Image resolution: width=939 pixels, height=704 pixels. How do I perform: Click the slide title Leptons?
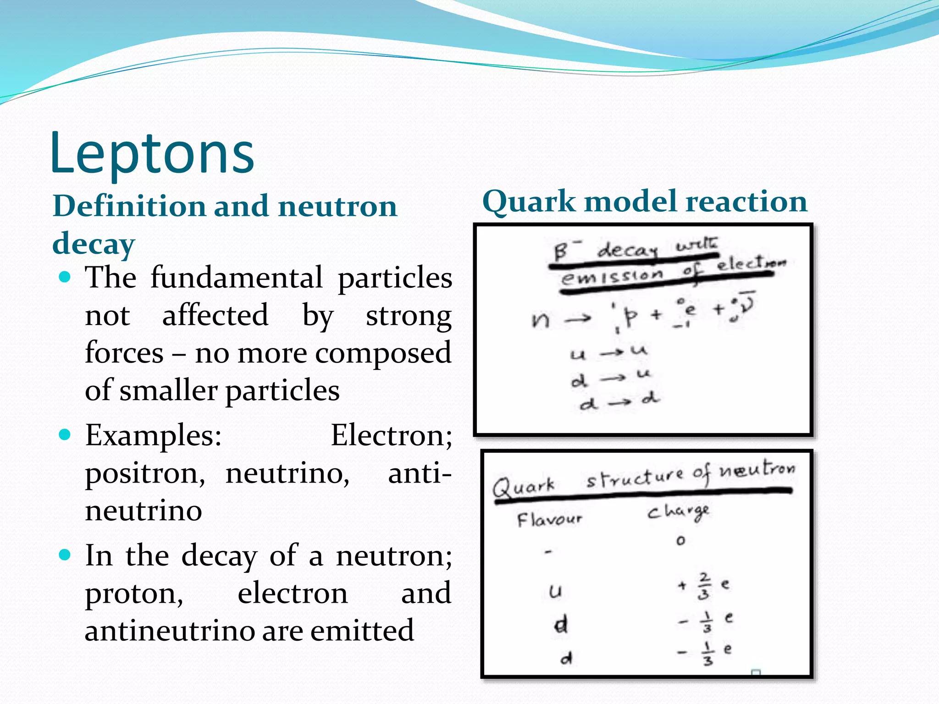point(152,153)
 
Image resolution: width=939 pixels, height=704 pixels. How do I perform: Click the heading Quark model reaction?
point(645,202)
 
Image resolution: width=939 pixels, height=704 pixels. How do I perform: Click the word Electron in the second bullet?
point(391,435)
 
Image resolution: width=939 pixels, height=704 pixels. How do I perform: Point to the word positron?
point(145,473)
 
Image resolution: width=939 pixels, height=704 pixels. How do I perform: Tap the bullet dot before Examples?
point(66,434)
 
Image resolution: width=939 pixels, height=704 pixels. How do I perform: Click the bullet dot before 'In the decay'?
point(66,555)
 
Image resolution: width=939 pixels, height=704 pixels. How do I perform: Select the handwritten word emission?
point(612,276)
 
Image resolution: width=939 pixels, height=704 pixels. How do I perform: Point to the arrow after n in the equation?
point(578,318)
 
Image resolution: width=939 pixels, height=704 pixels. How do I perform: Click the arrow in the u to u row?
point(612,353)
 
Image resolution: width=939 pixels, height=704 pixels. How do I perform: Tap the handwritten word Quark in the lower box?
point(524,487)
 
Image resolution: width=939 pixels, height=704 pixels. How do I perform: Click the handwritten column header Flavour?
point(549,520)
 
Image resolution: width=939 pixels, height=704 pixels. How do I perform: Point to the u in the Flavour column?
point(555,591)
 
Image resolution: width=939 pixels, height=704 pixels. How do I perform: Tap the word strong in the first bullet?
point(409,316)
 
